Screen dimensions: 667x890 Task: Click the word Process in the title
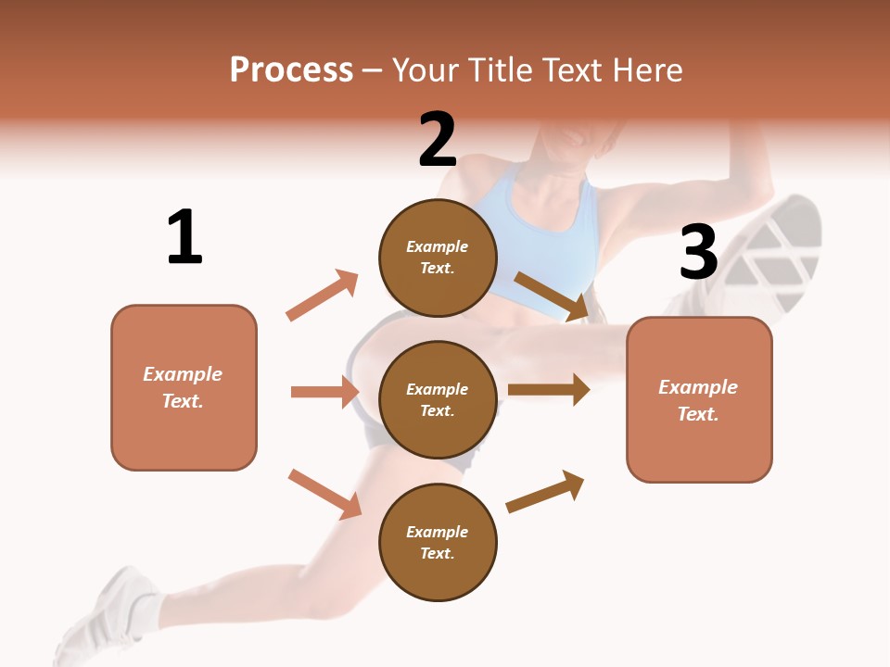pyautogui.click(x=291, y=70)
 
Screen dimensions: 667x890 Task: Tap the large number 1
pyautogui.click(x=184, y=237)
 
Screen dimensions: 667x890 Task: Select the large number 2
pyautogui.click(x=438, y=140)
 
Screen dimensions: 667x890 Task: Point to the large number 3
pyautogui.click(x=698, y=252)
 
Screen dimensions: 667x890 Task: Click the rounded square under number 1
pyautogui.click(x=184, y=387)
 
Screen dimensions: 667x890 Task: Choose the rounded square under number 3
pyautogui.click(x=699, y=399)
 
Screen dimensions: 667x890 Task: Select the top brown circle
pyautogui.click(x=438, y=258)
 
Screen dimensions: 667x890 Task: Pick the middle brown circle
pyautogui.click(x=438, y=399)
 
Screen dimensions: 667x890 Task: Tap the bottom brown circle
pyautogui.click(x=438, y=542)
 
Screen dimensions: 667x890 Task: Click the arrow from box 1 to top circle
pyautogui.click(x=323, y=295)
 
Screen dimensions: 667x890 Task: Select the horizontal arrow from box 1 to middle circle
pyautogui.click(x=325, y=392)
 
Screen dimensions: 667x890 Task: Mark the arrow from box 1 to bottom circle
pyautogui.click(x=324, y=494)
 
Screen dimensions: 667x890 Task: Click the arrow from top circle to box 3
pyautogui.click(x=553, y=296)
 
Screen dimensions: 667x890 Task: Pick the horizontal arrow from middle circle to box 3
pyautogui.click(x=549, y=390)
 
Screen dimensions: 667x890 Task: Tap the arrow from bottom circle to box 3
pyautogui.click(x=545, y=491)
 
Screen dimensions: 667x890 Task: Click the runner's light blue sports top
pyautogui.click(x=547, y=232)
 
